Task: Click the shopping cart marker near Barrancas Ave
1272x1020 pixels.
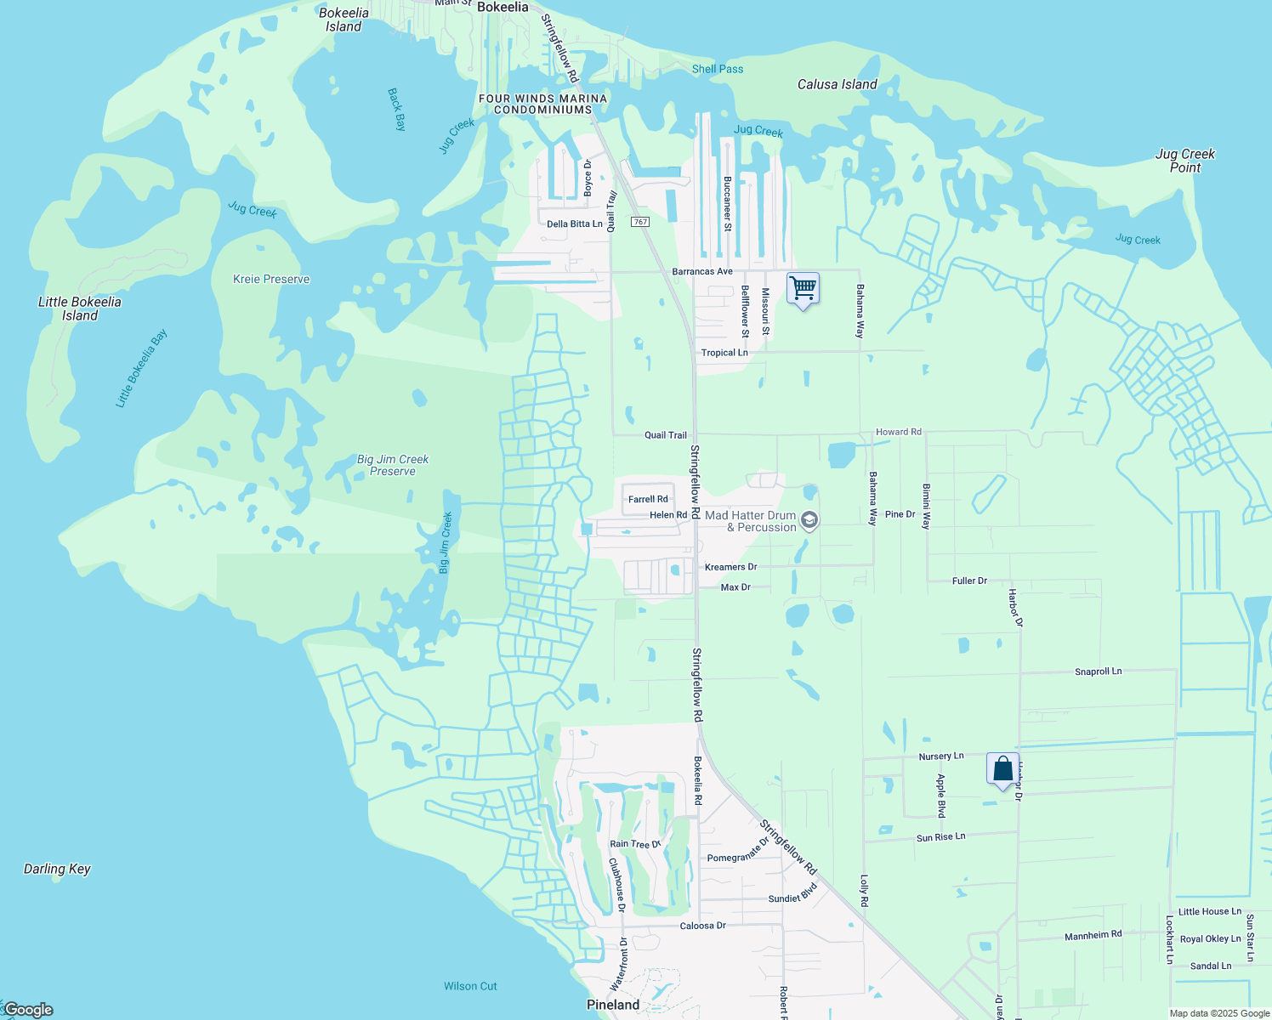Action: (803, 288)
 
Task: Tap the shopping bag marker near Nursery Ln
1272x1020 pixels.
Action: (1002, 768)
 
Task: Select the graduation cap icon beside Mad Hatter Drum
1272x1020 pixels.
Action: (809, 520)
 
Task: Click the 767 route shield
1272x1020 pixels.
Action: (640, 222)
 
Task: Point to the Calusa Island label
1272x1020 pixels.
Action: (837, 84)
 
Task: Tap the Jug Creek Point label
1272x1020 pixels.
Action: (1184, 161)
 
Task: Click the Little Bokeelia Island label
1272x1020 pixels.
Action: (80, 309)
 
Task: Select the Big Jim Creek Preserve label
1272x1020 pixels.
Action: (393, 465)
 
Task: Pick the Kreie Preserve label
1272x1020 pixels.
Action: (271, 279)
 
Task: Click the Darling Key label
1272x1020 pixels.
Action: (57, 869)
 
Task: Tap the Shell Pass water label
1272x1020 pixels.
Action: (718, 69)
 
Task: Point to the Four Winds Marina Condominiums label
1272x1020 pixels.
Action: (542, 104)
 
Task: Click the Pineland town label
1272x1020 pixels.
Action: (613, 1005)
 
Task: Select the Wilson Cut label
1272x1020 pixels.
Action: (470, 986)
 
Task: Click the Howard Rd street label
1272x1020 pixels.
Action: (899, 432)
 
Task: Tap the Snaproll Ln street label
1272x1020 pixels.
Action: (1098, 671)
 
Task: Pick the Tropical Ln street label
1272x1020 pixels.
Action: (724, 353)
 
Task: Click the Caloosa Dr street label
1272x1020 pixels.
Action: (703, 925)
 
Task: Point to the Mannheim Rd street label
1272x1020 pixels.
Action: (1093, 935)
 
